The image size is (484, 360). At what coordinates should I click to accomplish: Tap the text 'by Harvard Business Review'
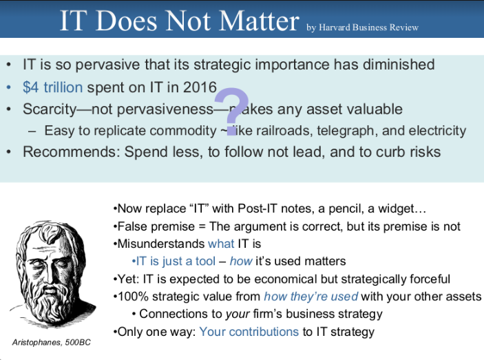point(363,28)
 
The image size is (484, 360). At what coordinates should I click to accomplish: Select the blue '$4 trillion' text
point(52,87)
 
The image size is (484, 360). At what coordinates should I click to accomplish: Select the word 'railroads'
point(284,130)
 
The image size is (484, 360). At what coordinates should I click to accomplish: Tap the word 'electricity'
point(432,130)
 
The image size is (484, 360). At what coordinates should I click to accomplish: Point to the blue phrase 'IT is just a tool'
point(176,262)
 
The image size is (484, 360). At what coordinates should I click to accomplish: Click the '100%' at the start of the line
point(131,297)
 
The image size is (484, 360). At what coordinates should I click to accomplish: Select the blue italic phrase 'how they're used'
point(311,297)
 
